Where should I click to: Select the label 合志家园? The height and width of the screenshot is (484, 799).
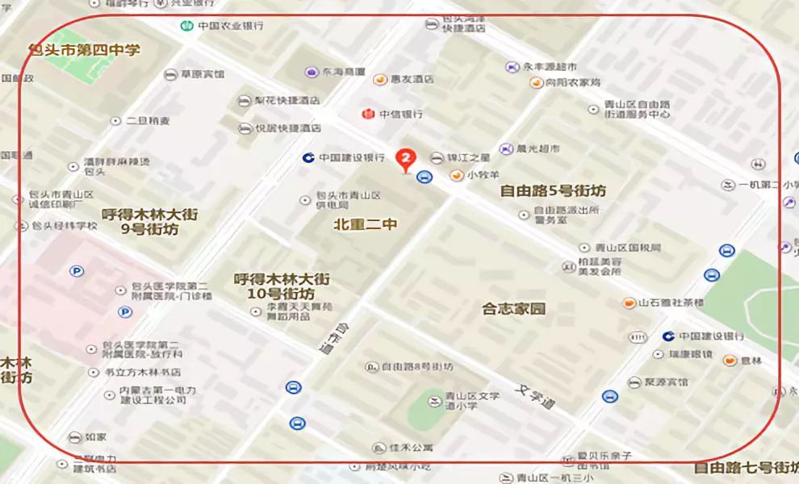tap(514, 308)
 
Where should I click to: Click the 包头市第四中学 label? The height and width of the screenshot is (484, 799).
tap(85, 50)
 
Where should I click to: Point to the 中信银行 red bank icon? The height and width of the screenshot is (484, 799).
tap(367, 114)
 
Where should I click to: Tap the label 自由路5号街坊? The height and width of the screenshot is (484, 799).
tap(553, 191)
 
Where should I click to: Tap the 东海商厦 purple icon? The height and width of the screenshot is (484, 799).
tap(310, 72)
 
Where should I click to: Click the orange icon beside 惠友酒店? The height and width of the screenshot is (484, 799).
tap(379, 79)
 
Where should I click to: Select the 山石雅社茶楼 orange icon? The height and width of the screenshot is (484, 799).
tap(628, 302)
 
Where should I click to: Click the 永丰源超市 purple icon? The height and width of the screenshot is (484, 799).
tap(510, 66)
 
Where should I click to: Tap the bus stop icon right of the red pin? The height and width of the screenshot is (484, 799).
tap(423, 177)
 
